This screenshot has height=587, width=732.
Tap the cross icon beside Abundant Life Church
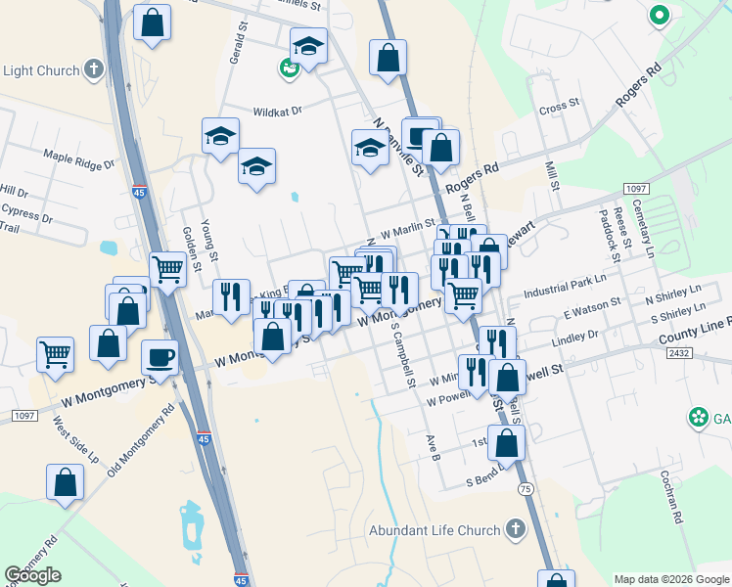point(515,529)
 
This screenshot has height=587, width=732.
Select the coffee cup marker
point(160,357)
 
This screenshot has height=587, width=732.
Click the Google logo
point(32,575)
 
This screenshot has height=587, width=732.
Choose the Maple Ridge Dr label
point(78,159)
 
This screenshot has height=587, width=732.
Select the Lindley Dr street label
point(574,339)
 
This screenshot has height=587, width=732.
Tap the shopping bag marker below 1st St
point(507,442)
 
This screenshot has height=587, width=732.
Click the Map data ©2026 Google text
point(670,579)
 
